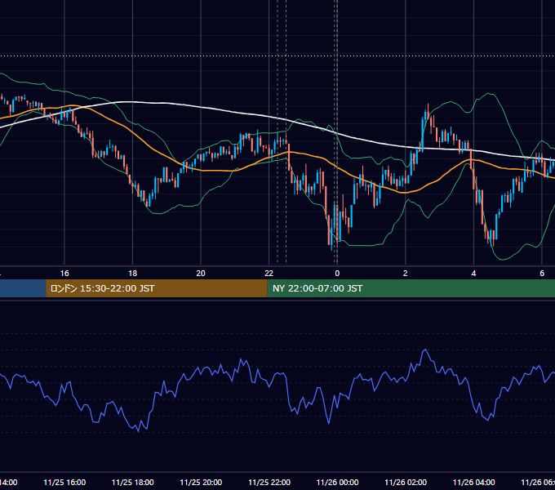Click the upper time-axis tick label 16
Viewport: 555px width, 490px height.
click(x=64, y=274)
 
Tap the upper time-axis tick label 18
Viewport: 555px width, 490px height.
click(x=132, y=274)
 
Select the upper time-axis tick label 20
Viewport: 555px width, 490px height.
click(x=201, y=274)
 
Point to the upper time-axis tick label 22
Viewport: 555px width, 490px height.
click(x=269, y=274)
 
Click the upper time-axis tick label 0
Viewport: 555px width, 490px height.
click(x=337, y=274)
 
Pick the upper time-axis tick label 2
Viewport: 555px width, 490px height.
click(x=406, y=274)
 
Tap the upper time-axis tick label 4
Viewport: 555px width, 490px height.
click(x=473, y=274)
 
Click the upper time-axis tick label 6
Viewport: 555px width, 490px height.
click(x=542, y=274)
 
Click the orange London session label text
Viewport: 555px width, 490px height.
click(x=102, y=288)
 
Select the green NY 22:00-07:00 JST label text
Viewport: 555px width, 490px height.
click(x=317, y=288)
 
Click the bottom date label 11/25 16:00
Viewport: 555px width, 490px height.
click(x=64, y=483)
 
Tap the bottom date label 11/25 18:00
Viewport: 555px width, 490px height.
click(x=133, y=483)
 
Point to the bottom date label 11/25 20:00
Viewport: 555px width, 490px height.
click(x=201, y=483)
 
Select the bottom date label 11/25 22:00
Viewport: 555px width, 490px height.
click(x=269, y=483)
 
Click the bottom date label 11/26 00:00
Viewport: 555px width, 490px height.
click(x=337, y=483)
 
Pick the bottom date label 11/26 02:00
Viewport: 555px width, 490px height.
click(x=406, y=483)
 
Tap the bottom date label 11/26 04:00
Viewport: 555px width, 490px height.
click(x=474, y=483)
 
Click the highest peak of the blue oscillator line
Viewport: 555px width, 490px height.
click(x=425, y=350)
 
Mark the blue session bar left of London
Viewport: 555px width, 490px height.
click(x=23, y=288)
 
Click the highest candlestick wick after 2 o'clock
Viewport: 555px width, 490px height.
click(x=428, y=105)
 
